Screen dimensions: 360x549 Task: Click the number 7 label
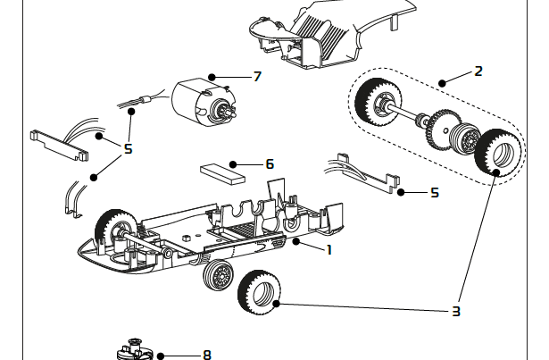[x=257, y=77]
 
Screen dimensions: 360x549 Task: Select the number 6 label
[x=269, y=164]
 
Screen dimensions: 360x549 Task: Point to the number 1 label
[x=329, y=249]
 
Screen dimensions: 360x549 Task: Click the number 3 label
[x=455, y=311]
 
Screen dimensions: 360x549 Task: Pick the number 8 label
[x=207, y=355]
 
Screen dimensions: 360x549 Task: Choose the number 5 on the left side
[x=128, y=148]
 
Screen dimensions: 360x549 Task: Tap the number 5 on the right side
[x=435, y=192]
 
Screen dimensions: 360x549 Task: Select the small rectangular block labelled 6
[x=222, y=172]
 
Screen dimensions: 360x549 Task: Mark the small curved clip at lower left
[x=75, y=199]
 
